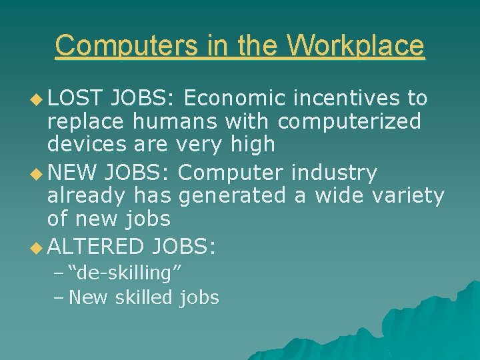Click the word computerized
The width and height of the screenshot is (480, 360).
350,121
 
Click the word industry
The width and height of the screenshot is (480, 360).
334,173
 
